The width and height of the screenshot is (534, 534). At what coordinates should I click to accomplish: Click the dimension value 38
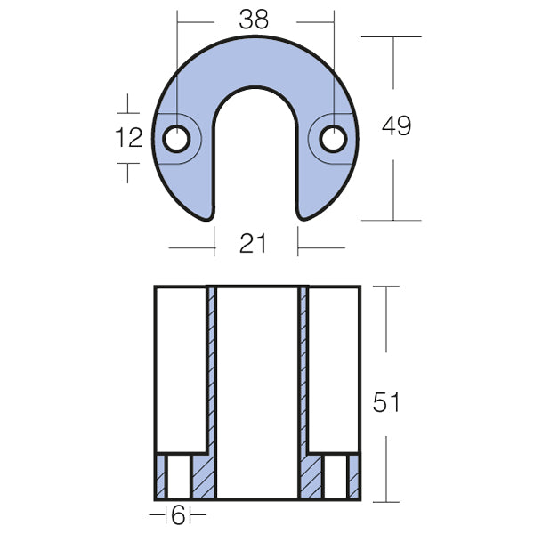tap(254, 20)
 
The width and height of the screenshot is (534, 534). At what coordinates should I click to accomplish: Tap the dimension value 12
tap(129, 138)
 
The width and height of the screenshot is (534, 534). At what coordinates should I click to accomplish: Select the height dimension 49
tap(395, 125)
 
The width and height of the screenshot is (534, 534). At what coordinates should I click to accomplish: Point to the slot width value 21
tap(254, 242)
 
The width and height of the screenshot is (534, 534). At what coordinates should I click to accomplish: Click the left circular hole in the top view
tap(177, 139)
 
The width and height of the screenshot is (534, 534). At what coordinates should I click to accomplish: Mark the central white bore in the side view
tap(257, 392)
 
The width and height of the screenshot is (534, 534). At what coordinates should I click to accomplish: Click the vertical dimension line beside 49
tap(392, 178)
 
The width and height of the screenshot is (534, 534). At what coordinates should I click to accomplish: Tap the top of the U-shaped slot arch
tap(255, 89)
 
